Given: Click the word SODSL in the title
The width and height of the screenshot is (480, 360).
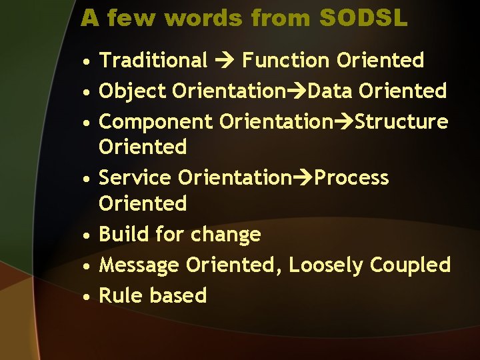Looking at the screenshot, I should pos(363,18).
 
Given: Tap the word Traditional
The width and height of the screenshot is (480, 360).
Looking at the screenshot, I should pos(153,61).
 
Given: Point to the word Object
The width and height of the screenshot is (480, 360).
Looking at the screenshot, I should pos(132,91).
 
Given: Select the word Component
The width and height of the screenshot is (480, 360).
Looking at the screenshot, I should pos(156,122).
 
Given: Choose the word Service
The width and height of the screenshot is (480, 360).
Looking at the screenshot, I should pos(135,178).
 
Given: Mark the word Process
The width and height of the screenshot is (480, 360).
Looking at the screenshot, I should pos(351,178).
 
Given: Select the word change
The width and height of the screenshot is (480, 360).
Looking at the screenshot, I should pos(225,235).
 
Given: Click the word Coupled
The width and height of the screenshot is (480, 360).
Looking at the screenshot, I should pos(410,265).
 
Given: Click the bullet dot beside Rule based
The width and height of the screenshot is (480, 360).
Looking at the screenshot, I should pos(87,297).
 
